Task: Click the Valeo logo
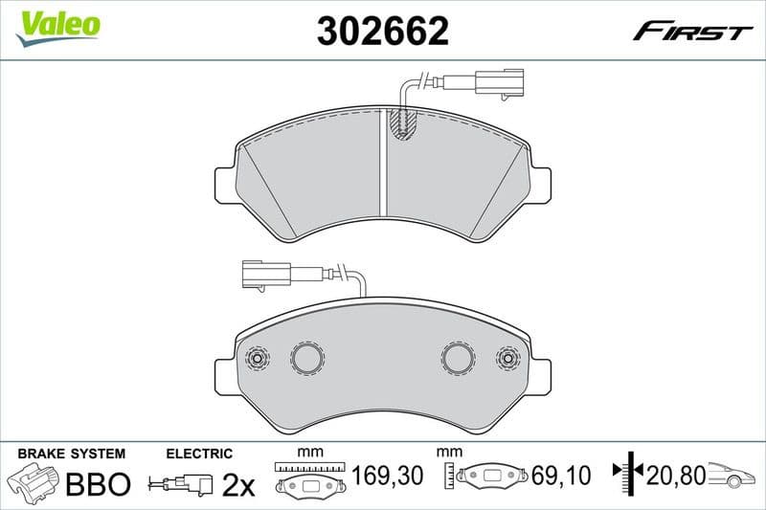pyautogui.click(x=57, y=25)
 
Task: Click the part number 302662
pyautogui.click(x=382, y=32)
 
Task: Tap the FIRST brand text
pyautogui.click(x=692, y=32)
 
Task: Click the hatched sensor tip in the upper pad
pyautogui.click(x=403, y=123)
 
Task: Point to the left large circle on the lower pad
pyautogui.click(x=308, y=358)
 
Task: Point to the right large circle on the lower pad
pyautogui.click(x=458, y=358)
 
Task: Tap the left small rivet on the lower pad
pyautogui.click(x=257, y=359)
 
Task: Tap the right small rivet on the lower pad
pyautogui.click(x=507, y=359)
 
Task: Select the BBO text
pyautogui.click(x=97, y=484)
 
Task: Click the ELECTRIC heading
pyautogui.click(x=199, y=454)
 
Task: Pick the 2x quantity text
pyautogui.click(x=237, y=485)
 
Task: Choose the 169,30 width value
pyautogui.click(x=386, y=474)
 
